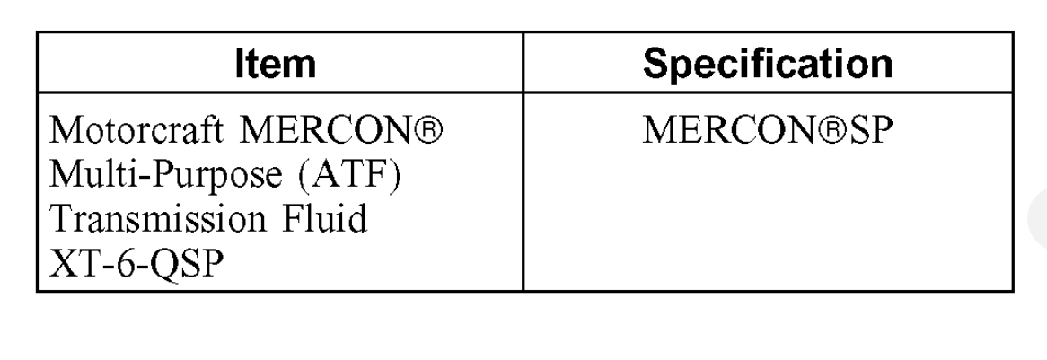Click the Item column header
[x=280, y=65]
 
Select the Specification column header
[x=770, y=65]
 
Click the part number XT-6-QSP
[x=135, y=263]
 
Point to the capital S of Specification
[x=659, y=65]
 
